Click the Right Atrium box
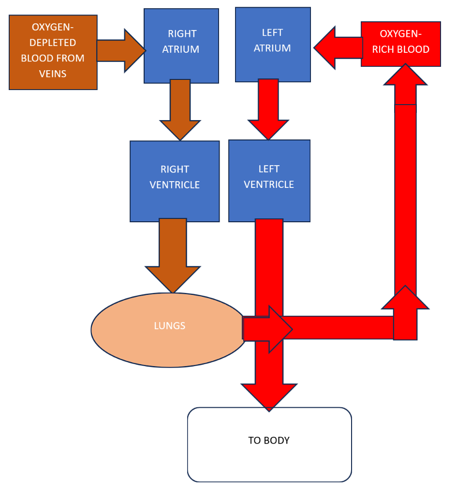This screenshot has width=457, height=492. [x=181, y=46]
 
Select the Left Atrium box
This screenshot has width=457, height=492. [x=273, y=45]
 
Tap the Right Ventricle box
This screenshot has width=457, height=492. [x=175, y=181]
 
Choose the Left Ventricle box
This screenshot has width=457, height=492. [x=269, y=181]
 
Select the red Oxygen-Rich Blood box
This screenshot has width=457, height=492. [x=400, y=44]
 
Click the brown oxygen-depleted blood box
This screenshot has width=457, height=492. [x=53, y=52]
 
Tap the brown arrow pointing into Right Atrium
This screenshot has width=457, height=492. [x=121, y=51]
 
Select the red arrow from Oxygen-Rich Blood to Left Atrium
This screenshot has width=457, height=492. [x=339, y=47]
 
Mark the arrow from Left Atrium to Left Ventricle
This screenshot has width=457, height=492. [x=268, y=109]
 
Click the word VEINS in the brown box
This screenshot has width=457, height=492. [x=53, y=74]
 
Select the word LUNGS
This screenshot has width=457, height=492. [x=170, y=326]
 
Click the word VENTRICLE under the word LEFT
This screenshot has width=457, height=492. [x=269, y=184]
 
